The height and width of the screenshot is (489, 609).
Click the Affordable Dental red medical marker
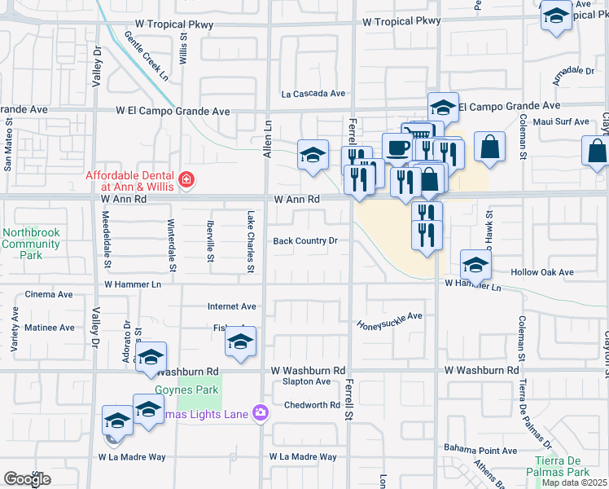[186, 179]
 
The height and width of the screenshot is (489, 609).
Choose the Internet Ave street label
[231, 306]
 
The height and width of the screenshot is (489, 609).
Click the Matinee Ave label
[50, 328]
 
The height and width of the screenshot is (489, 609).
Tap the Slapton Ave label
[306, 381]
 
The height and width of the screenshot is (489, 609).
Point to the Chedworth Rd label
[312, 405]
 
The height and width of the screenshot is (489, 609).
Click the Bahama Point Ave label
[480, 450]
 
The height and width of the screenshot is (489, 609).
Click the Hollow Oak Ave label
[542, 272]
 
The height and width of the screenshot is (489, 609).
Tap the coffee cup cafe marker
[397, 148]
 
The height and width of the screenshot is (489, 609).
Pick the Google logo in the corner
[27, 479]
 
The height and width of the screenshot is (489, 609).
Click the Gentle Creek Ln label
[146, 55]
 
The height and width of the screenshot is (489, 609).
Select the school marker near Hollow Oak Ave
[475, 263]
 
